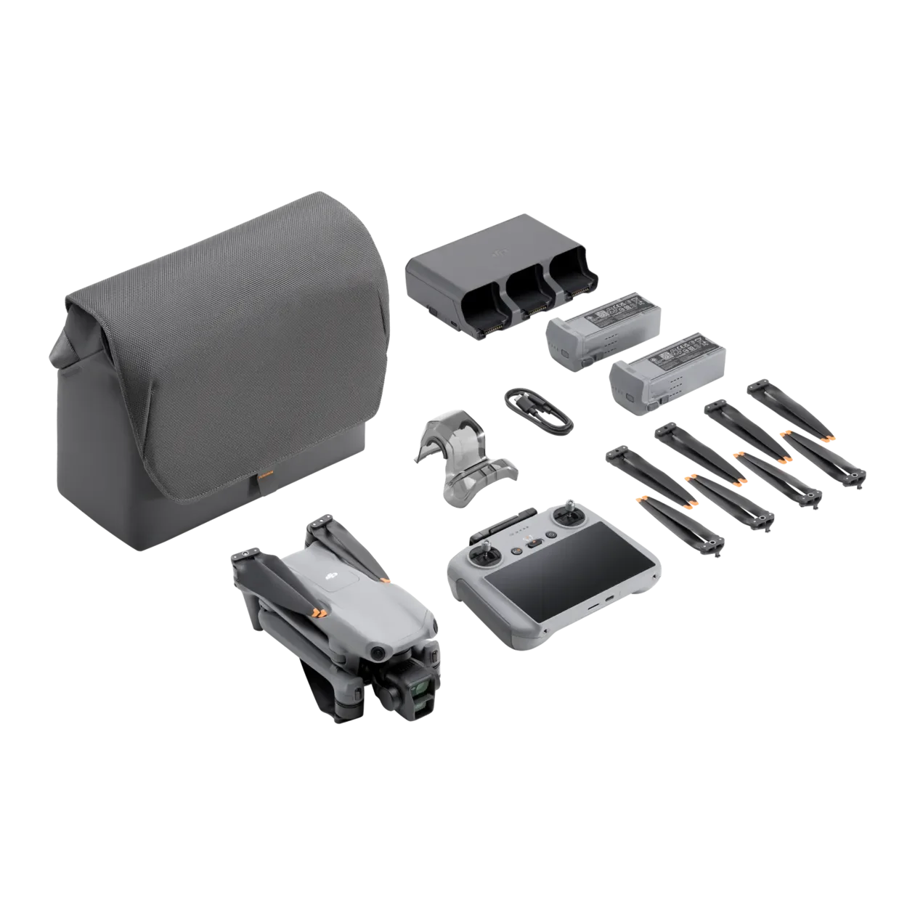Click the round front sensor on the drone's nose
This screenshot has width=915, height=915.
[x=377, y=654]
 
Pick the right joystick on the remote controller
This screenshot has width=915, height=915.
[x=566, y=514]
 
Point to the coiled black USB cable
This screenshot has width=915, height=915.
[x=536, y=412]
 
